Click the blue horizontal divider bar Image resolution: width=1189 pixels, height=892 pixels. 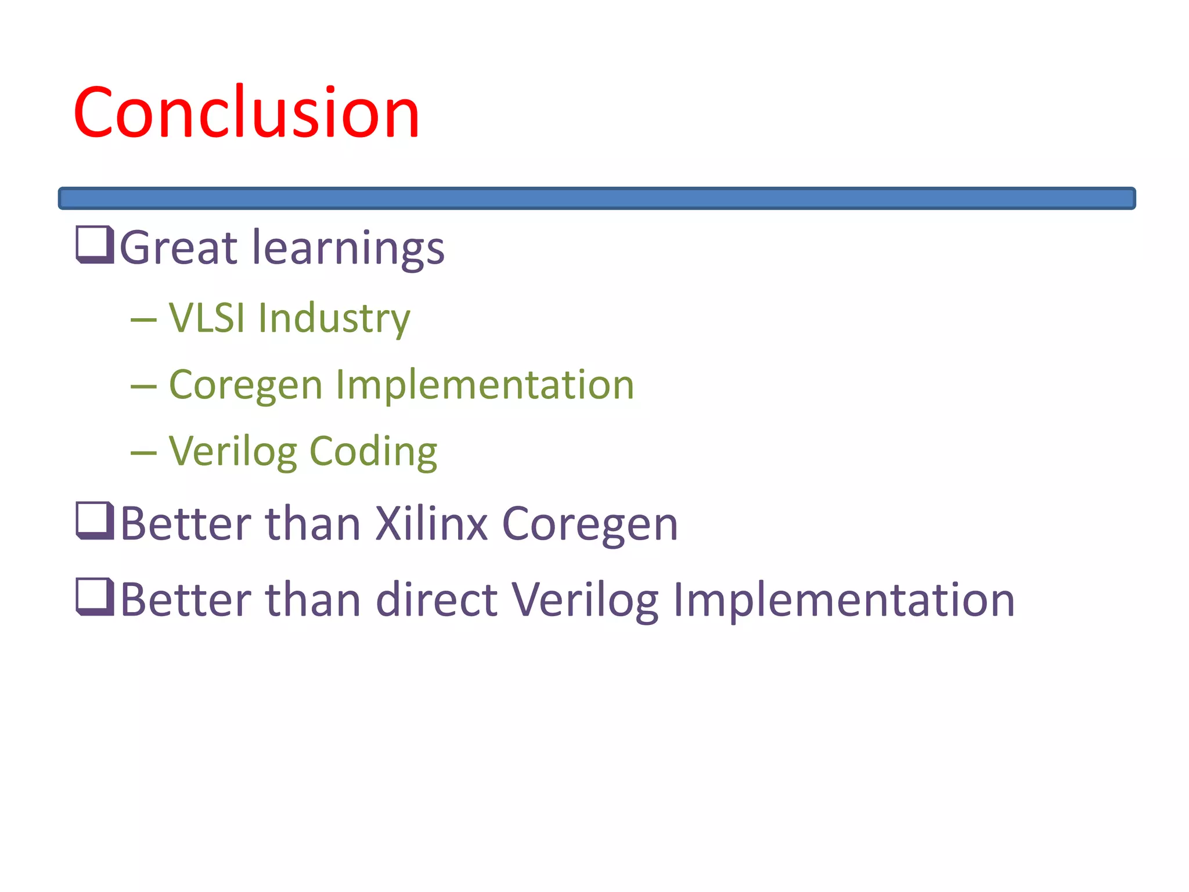(x=597, y=198)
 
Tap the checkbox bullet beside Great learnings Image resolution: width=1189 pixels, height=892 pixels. (x=95, y=244)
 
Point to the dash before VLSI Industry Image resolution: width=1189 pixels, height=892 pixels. (x=143, y=320)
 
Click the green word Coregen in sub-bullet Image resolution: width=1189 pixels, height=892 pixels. (x=246, y=386)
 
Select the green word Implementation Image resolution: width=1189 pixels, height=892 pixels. (x=485, y=385)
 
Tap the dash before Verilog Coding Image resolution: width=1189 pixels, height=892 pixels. (x=143, y=453)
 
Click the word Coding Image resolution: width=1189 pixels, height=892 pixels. (x=373, y=452)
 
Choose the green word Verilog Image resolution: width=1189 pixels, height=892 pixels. (x=233, y=452)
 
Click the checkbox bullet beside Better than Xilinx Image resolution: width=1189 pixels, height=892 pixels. (x=95, y=520)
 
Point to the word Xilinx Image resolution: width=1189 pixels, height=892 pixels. (x=431, y=524)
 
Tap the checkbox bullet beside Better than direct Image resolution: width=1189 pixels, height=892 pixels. (x=95, y=596)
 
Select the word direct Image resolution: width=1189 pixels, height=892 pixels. (x=437, y=599)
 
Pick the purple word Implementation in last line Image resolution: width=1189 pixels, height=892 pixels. (x=844, y=599)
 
